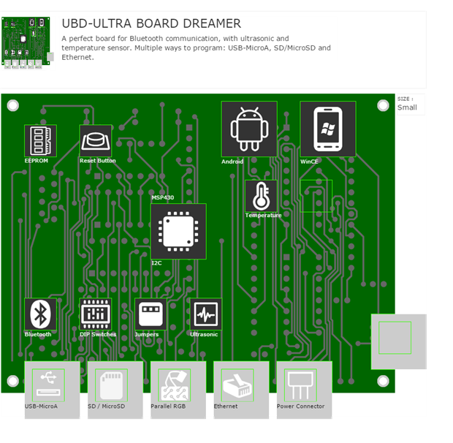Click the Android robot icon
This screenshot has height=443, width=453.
tap(249, 129)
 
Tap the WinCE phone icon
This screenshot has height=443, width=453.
tap(327, 129)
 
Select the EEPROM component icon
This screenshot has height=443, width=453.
tap(40, 140)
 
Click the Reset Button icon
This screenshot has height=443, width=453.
tap(96, 140)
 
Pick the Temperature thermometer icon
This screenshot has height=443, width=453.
tap(261, 196)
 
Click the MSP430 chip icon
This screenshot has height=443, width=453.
tap(178, 231)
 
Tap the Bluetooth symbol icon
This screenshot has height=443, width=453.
tap(40, 314)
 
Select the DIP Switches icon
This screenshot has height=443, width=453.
tap(96, 314)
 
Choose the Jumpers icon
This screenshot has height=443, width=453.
tap(151, 314)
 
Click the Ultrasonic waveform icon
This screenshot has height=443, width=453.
tap(205, 314)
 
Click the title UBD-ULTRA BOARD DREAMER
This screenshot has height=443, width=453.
tap(151, 24)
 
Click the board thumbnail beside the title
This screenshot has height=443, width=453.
tap(28, 43)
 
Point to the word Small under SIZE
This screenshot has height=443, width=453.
tap(407, 107)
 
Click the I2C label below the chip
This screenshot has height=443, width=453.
tap(156, 262)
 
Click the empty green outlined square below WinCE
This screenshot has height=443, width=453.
tap(316, 196)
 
